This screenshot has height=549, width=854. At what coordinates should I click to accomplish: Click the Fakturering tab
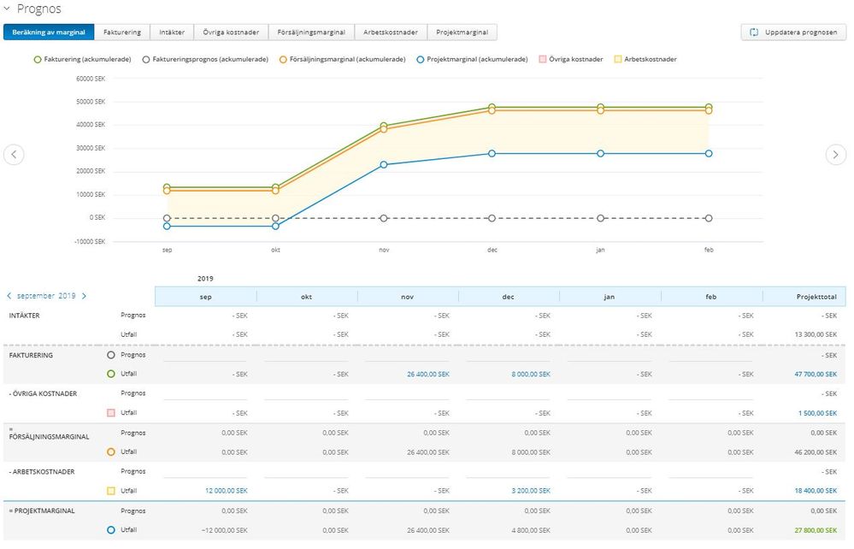point(122,32)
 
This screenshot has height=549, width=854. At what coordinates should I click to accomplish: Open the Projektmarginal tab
point(462,32)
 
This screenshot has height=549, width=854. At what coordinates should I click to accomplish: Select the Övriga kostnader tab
point(231,32)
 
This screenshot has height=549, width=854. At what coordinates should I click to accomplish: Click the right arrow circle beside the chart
point(835,155)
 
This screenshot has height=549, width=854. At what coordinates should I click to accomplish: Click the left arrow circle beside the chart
point(14,155)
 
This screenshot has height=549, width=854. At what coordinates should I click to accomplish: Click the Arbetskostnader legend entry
point(645,59)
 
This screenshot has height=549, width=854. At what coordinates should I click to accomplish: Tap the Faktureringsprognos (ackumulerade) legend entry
point(205,59)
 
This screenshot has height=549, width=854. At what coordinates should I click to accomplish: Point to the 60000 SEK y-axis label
point(91,79)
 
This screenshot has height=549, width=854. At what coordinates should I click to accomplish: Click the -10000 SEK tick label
point(89,241)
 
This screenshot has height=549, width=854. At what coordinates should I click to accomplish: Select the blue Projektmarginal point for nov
point(384,164)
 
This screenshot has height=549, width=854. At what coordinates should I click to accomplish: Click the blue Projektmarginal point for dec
point(492,154)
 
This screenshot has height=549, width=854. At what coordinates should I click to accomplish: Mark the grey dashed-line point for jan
point(600,218)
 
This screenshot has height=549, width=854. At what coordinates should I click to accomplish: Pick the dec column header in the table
point(508,297)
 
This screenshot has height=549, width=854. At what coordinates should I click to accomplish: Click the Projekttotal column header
point(816,297)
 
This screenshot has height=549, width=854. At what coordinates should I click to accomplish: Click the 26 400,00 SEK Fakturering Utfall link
point(428,375)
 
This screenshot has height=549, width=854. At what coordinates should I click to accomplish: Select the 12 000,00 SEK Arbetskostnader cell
point(226,491)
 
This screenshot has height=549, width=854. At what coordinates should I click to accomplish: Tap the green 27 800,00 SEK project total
point(816,530)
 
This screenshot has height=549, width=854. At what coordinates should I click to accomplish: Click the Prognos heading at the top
point(38,9)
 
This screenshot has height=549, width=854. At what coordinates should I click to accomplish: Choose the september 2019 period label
point(46,296)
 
